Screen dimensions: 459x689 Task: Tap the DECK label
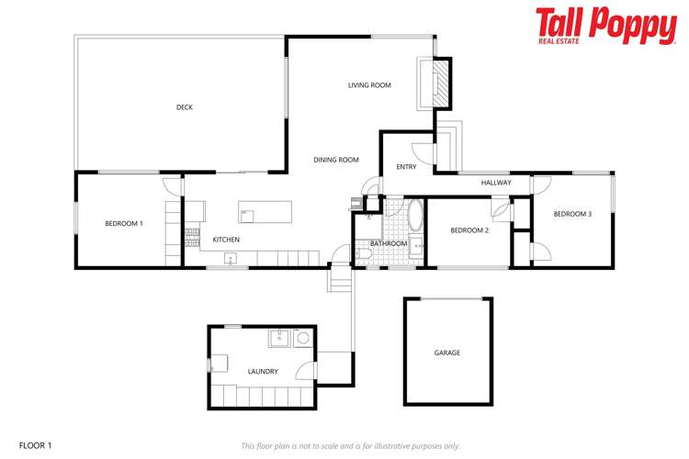coord(185,107)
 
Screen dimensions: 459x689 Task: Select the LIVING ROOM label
coord(369,85)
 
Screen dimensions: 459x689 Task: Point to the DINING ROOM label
coord(336,160)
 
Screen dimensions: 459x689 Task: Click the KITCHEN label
coord(226,240)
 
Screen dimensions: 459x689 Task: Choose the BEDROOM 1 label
coord(123,223)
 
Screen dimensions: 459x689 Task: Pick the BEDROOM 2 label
coord(469,230)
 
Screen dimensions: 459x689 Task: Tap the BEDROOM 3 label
coord(572,214)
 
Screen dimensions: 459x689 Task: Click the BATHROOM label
coord(389,243)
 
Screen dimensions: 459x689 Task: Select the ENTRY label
coord(406,167)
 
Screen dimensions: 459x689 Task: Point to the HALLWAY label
coord(496,184)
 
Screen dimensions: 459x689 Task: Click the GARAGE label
coord(447,353)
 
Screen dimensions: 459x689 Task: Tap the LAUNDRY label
coord(263,372)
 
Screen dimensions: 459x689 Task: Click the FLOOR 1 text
coord(36,445)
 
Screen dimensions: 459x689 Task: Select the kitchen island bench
coord(265,212)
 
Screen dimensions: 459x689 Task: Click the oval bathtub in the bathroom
coord(414,218)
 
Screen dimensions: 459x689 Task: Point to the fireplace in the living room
coord(442,84)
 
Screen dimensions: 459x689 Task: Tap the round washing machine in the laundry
coord(302,339)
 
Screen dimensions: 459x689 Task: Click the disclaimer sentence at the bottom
coord(350,446)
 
